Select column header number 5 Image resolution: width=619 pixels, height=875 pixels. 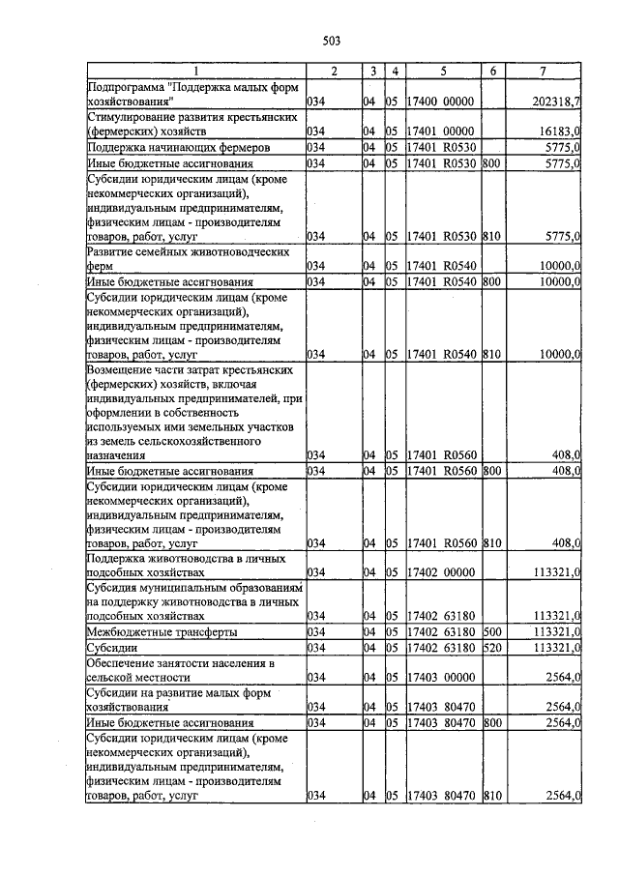(x=442, y=72)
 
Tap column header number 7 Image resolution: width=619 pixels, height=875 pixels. (x=545, y=72)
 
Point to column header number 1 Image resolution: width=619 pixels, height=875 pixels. (x=195, y=72)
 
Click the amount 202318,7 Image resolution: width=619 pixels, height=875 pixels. (x=556, y=102)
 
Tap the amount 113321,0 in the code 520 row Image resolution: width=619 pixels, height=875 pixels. (x=557, y=647)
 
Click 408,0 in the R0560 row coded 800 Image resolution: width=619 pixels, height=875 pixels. (x=565, y=471)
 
